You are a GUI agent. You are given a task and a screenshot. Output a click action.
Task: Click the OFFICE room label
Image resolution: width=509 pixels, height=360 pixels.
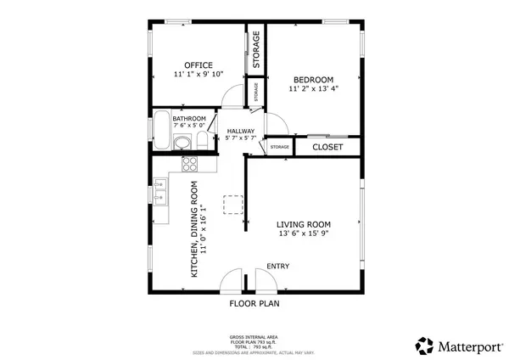[x=199, y=65]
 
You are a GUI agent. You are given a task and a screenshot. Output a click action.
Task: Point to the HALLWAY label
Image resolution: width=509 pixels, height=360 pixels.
[x=241, y=131]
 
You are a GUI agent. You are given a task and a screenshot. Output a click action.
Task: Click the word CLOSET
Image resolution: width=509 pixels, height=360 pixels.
[x=327, y=147]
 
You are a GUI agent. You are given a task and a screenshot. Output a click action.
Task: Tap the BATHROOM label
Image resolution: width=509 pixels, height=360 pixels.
[x=189, y=119]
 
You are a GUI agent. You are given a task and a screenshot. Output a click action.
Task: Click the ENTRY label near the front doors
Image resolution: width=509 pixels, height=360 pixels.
[x=277, y=267]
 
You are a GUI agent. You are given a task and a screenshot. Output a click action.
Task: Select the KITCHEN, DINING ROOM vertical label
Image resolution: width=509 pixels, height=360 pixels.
[x=194, y=229]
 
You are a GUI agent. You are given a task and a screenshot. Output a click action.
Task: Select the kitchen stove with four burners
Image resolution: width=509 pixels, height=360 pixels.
[x=189, y=165]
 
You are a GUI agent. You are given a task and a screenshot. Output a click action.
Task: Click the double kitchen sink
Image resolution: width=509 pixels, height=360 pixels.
[x=159, y=192]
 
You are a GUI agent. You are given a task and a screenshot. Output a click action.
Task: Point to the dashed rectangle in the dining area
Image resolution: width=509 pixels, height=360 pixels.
[x=232, y=204]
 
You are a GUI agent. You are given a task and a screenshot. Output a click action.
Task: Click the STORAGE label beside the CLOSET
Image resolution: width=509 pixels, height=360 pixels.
[x=279, y=148]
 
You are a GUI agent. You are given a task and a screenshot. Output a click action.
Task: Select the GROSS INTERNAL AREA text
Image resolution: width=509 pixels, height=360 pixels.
[x=255, y=337]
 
